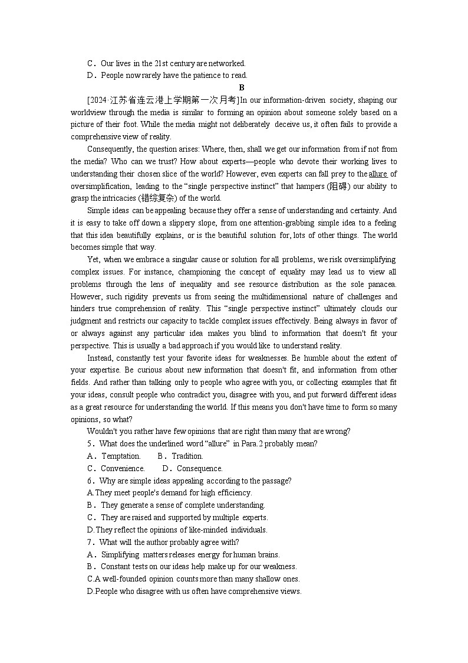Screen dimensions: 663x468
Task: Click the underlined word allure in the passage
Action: point(378,174)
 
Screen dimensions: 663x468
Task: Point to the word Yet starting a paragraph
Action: point(93,260)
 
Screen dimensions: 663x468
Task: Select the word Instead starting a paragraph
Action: point(100,358)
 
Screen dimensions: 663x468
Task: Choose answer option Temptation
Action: point(121,456)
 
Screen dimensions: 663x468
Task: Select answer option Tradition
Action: point(187,456)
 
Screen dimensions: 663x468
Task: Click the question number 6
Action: point(90,481)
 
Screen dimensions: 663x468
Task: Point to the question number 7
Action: point(90,542)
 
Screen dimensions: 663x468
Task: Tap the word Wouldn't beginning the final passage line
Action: point(101,431)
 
